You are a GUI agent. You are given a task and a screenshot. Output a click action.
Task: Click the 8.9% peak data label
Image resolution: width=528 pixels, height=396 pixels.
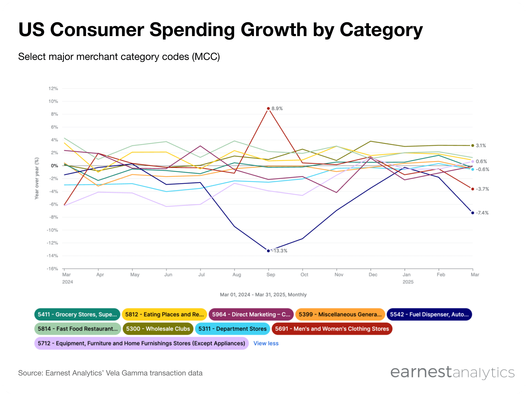(277, 109)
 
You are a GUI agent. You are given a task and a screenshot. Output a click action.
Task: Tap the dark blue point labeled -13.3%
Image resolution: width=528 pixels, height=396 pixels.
(268, 251)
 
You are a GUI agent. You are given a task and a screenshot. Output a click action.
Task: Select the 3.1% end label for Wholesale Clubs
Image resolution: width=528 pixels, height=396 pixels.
(481, 145)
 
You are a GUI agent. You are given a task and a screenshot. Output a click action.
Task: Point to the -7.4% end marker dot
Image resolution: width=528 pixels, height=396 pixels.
(472, 213)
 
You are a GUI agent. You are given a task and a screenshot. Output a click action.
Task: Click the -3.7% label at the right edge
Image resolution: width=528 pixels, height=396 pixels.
(482, 189)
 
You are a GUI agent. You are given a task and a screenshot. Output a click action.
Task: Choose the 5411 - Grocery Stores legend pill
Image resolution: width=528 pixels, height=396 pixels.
(77, 314)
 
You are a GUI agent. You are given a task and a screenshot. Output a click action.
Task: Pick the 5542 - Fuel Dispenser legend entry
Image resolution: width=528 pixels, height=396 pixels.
(429, 314)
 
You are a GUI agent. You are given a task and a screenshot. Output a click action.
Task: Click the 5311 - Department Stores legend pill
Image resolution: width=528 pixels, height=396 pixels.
(232, 329)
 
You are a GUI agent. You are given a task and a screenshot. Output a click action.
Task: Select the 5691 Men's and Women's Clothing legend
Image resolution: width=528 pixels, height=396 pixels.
(332, 329)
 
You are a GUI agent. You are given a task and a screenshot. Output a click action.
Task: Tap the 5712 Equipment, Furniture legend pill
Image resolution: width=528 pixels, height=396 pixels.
(141, 343)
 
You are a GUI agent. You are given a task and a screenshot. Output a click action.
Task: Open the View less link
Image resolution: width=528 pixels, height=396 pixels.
(266, 343)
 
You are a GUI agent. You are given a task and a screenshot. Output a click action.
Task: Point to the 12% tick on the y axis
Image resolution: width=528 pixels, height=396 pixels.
(53, 89)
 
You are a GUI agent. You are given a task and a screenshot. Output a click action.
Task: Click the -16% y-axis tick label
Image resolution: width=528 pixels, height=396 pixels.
(52, 269)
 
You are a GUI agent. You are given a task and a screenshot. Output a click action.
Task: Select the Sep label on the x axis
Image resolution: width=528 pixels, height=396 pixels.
(271, 275)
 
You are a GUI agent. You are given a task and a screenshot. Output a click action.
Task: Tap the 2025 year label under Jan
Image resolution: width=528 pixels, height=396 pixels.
(408, 282)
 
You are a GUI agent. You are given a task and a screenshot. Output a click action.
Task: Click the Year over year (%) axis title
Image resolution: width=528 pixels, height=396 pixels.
(37, 178)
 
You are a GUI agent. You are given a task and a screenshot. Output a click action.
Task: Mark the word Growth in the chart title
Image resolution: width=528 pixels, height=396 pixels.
(274, 29)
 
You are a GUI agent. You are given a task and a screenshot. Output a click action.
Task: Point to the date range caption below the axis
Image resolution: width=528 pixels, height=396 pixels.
(263, 295)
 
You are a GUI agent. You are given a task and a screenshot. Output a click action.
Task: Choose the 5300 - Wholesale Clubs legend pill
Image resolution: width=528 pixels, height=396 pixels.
(158, 329)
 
